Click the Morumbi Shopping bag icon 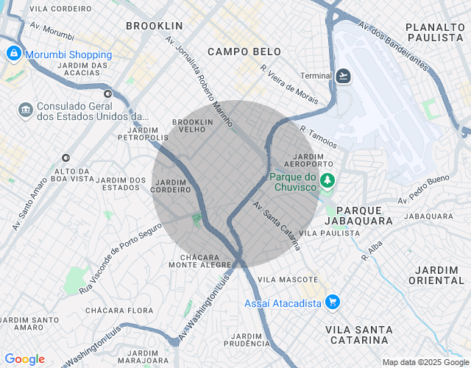click(13, 54)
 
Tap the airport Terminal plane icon click(344, 76)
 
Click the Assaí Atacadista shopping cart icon click(333, 302)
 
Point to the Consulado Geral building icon click(26, 110)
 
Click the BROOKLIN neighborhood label click(154, 26)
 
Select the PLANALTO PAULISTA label click(434, 32)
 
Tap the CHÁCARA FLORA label click(118, 311)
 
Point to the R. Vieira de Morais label click(289, 82)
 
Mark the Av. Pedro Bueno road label click(423, 189)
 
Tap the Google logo click(24, 359)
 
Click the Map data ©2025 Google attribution click(425, 362)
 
